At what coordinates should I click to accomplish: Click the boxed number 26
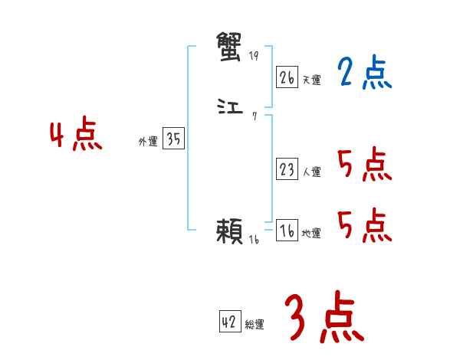coord(287,77)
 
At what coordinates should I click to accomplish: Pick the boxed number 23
coord(287,169)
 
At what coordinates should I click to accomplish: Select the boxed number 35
coord(173,139)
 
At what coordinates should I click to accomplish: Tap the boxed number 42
coord(229,322)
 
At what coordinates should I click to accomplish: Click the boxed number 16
coord(287,231)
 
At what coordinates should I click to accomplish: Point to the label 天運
coord(311,80)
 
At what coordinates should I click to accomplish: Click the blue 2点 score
coord(364,74)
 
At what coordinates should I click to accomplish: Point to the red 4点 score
coord(76,137)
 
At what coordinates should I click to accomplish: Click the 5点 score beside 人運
coord(364,165)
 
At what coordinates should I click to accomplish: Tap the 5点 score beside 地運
coord(364,226)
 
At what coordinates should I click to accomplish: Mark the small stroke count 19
coord(255,56)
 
